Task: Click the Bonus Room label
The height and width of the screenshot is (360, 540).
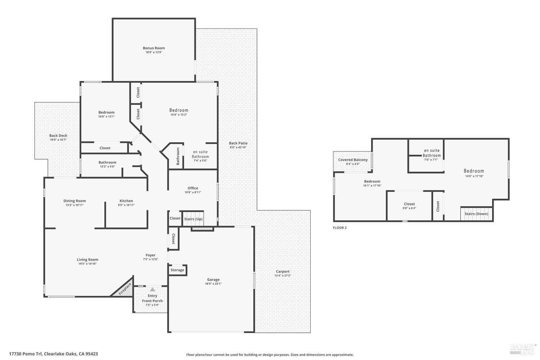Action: point(154,48)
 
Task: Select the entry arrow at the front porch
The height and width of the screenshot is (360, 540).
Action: point(153,289)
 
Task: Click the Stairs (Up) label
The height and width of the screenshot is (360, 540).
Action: point(193,219)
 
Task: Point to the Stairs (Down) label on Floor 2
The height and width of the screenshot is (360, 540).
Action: point(476,214)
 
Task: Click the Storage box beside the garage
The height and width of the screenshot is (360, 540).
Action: point(177,270)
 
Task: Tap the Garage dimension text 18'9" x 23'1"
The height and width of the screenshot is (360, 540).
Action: point(213,284)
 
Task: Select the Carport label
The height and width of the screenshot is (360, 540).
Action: point(283,271)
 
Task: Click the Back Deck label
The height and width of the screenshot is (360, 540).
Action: point(58,136)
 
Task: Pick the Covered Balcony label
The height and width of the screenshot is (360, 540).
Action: point(353,160)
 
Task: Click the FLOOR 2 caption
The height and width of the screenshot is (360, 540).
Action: point(339,228)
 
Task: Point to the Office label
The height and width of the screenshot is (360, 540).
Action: point(193,188)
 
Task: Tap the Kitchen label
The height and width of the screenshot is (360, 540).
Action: point(126,201)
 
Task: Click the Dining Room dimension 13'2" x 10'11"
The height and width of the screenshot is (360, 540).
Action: point(75,205)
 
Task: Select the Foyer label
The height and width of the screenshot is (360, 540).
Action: point(150,255)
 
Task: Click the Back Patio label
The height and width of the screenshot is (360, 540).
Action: point(238,143)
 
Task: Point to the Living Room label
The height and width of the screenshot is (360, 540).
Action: point(87,260)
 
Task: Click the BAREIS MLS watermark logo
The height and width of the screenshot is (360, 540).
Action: point(522,348)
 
